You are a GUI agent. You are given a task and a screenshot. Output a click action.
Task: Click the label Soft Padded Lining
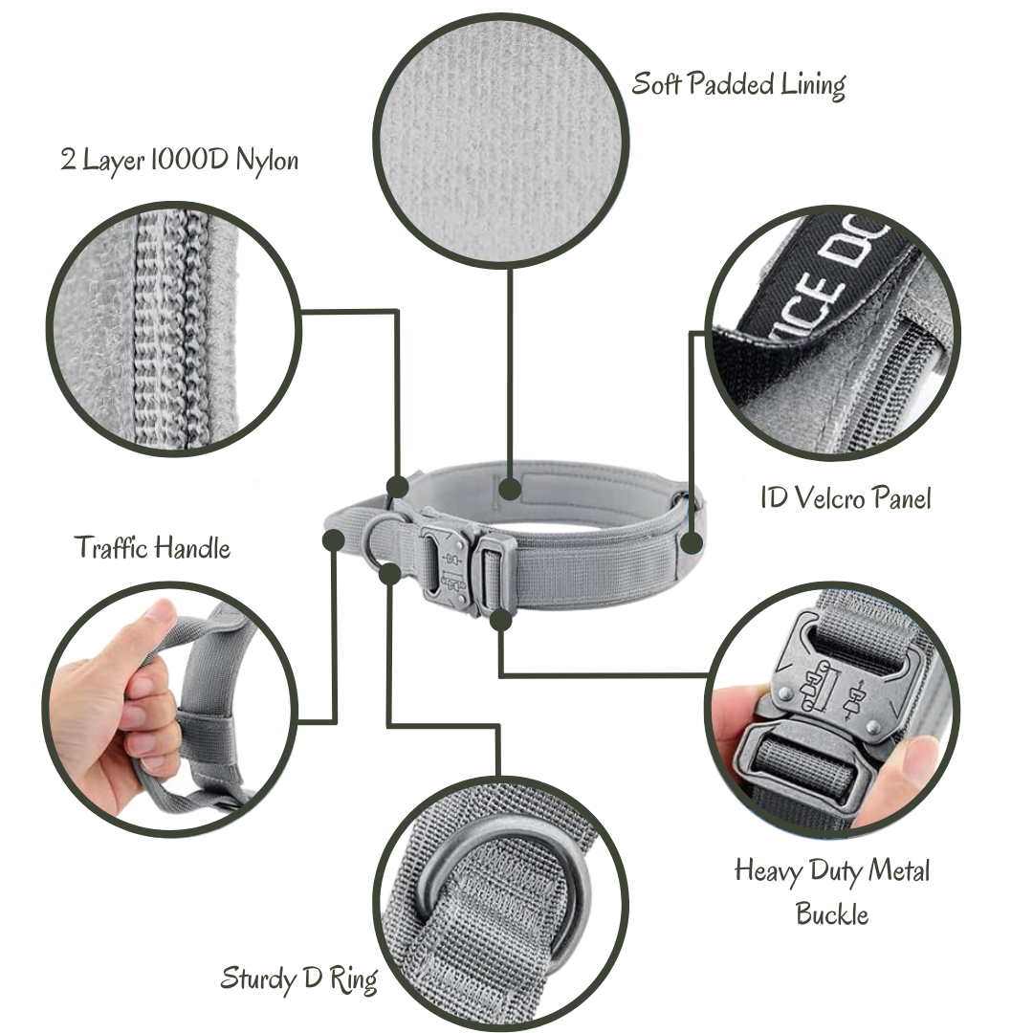click(x=738, y=85)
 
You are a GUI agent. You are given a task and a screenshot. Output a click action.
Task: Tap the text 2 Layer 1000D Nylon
click(x=179, y=160)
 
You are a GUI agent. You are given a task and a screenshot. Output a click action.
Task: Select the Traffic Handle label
click(x=152, y=547)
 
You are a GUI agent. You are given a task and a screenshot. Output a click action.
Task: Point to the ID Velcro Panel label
click(x=846, y=497)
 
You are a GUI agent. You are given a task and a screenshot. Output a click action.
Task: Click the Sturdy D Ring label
click(x=299, y=979)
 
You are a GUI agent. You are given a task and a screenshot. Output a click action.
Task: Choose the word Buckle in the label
click(x=832, y=914)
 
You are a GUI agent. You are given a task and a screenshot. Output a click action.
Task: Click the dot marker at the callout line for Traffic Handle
click(x=334, y=539)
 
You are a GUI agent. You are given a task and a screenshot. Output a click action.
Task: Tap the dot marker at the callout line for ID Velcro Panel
click(x=692, y=543)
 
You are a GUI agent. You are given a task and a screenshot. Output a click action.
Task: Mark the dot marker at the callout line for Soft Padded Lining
click(x=510, y=489)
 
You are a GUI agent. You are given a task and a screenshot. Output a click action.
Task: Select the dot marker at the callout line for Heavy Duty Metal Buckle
click(x=501, y=620)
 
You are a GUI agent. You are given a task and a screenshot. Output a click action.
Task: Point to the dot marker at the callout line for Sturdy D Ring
click(x=390, y=573)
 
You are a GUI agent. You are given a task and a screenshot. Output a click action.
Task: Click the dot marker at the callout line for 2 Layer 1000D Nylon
click(x=397, y=487)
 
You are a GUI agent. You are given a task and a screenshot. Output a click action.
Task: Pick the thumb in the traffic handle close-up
click(x=142, y=632)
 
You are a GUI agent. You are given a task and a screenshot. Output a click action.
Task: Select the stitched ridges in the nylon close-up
click(x=172, y=329)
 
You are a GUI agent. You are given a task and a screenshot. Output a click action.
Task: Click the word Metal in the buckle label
click(x=898, y=870)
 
